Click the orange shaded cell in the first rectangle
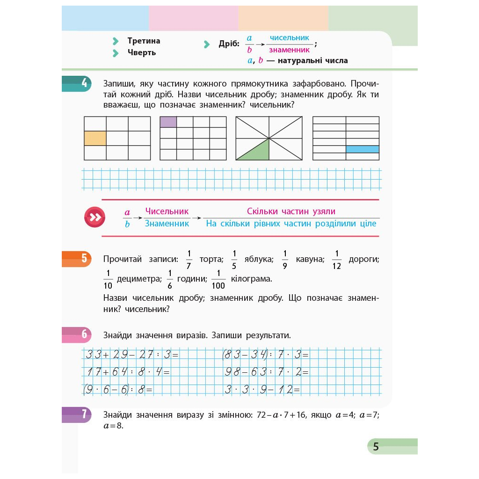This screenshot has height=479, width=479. (95, 138)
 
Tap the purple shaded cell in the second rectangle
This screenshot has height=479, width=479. (168, 122)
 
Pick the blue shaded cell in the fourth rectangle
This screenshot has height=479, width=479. (362, 149)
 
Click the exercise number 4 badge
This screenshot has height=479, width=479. (78, 84)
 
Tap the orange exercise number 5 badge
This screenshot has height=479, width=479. (78, 258)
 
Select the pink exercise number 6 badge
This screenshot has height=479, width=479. (78, 335)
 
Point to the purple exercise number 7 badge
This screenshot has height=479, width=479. (78, 414)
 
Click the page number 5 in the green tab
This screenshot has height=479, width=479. (376, 447)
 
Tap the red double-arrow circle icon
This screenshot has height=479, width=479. (94, 217)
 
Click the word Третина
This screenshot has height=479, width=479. (144, 41)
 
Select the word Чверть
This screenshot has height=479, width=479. (142, 52)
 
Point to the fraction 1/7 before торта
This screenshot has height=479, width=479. (189, 260)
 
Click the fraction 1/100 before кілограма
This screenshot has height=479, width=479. (218, 280)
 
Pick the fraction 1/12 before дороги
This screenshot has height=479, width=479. (336, 260)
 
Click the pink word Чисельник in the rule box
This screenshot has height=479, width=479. (167, 211)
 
